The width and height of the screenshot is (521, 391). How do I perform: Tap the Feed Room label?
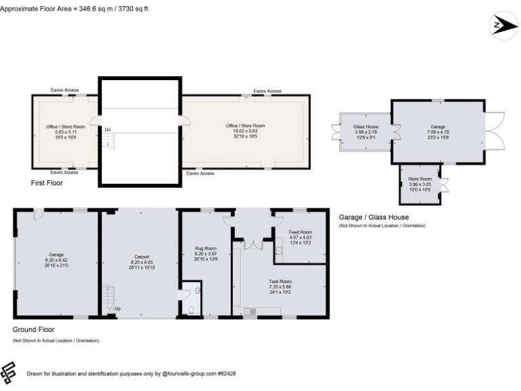(301, 232)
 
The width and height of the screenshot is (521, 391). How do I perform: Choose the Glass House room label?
(366, 127)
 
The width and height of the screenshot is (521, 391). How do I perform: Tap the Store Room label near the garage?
(419, 179)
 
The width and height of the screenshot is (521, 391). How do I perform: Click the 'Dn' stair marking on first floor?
(108, 130)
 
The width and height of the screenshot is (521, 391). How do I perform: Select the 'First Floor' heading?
(47, 183)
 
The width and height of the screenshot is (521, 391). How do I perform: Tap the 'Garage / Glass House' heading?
(374, 217)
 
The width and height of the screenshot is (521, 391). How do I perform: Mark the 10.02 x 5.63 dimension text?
(245, 130)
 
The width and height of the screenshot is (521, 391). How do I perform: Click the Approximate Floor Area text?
(75, 9)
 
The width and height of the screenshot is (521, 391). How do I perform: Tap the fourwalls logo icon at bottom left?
(9, 372)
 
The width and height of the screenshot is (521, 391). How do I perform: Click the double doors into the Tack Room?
(253, 242)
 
